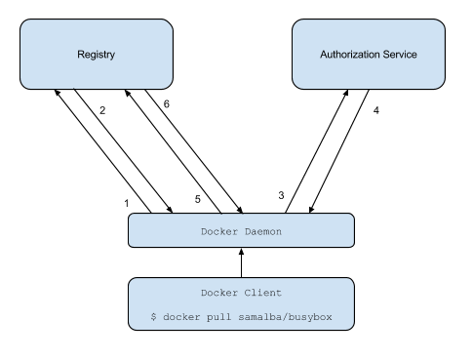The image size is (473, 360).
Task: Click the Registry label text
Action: (x=96, y=55)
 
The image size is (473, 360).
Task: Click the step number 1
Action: (x=126, y=202)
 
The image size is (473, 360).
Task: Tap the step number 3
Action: (x=281, y=194)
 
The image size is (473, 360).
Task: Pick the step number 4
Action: (x=375, y=111)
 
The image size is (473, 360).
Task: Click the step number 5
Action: (x=198, y=199)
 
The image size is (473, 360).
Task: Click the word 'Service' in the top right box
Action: (x=398, y=55)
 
